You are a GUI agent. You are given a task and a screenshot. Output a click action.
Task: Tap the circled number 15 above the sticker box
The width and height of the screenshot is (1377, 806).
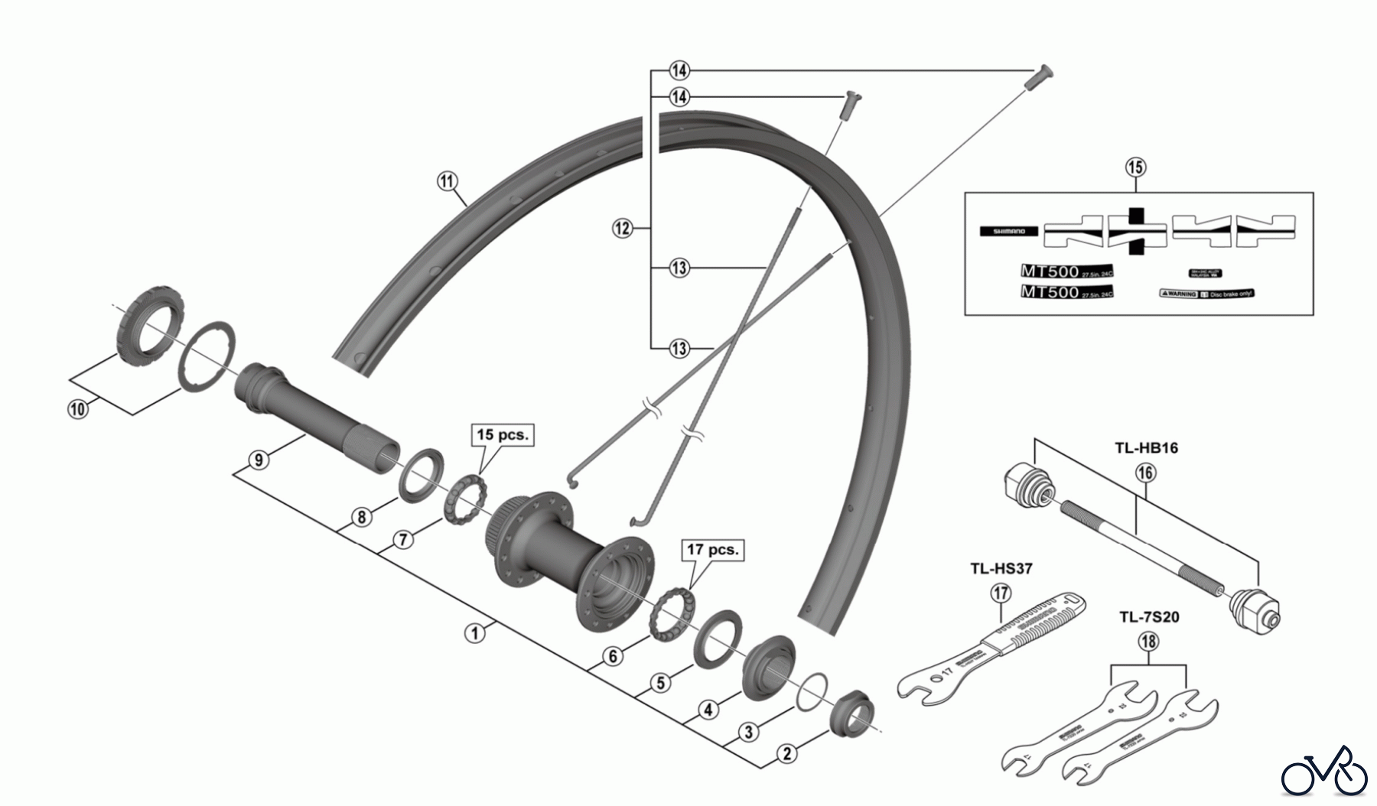coord(1136,167)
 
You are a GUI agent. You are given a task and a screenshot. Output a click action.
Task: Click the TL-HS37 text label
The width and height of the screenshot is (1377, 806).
coord(1001,569)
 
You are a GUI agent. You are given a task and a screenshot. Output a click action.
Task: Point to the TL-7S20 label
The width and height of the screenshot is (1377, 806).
coord(1149,616)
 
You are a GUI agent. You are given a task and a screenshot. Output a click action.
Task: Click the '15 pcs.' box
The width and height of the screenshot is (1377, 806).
coord(502,434)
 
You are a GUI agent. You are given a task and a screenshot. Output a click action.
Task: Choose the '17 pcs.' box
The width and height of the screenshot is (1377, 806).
coord(713,550)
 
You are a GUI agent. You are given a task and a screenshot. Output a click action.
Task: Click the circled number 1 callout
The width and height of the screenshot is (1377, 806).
coord(475,633)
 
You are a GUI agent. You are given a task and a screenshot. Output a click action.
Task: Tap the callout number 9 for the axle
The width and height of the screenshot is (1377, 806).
coord(259,460)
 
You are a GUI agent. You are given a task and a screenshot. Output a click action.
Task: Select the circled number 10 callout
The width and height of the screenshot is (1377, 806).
coord(77,408)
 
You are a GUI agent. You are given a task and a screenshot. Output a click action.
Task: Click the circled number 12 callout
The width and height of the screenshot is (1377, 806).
coord(623,228)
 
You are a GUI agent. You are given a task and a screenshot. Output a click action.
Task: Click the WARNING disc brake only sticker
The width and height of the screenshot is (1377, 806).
coord(1207,294)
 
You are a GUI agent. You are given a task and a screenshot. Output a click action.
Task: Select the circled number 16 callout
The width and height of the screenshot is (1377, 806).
coord(1145,473)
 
